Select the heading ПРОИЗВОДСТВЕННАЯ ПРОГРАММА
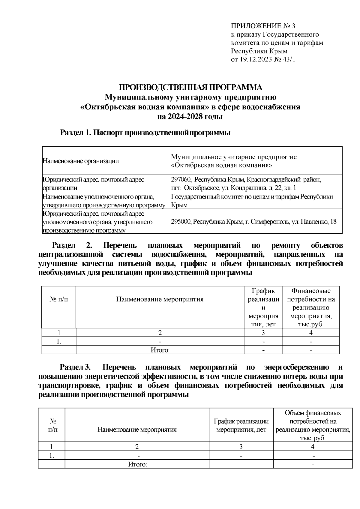[x=190, y=88]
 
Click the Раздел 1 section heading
[x=145, y=133]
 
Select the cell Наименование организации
[x=81, y=161]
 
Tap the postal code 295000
[x=181, y=222]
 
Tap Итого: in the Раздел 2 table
[x=160, y=350]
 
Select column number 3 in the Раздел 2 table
[x=263, y=333]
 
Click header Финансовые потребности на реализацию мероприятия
[x=311, y=307]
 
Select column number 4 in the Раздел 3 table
[x=313, y=447]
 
